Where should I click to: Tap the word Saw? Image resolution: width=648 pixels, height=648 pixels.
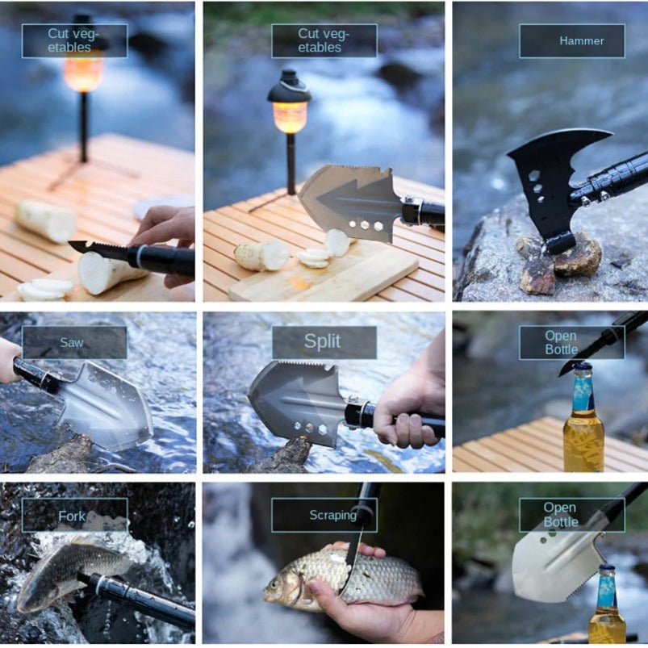72,342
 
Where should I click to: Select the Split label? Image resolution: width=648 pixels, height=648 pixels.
324,341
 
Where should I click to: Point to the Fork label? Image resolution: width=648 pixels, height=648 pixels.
73,515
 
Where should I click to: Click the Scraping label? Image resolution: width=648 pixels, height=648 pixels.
332,515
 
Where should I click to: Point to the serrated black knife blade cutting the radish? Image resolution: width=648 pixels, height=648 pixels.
97,250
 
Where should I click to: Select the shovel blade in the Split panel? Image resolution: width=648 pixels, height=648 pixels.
295,399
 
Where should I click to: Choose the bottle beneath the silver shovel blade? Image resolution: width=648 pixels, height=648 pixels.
607,609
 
